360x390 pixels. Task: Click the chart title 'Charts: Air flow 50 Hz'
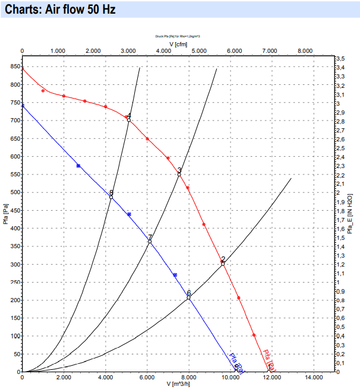click(x=60, y=10)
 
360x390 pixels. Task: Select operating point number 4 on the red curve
click(x=128, y=120)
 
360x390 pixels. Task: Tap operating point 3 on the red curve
click(x=179, y=174)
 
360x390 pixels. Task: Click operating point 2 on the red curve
click(x=223, y=263)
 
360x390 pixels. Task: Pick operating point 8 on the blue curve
click(x=110, y=197)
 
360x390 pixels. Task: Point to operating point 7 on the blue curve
click(x=150, y=242)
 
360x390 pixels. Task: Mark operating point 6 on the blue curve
click(x=189, y=297)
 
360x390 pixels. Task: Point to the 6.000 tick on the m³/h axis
click(x=147, y=377)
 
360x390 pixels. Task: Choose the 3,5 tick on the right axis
click(x=340, y=59)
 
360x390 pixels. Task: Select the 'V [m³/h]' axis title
click(x=176, y=384)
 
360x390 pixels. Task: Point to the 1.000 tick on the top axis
click(x=57, y=52)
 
